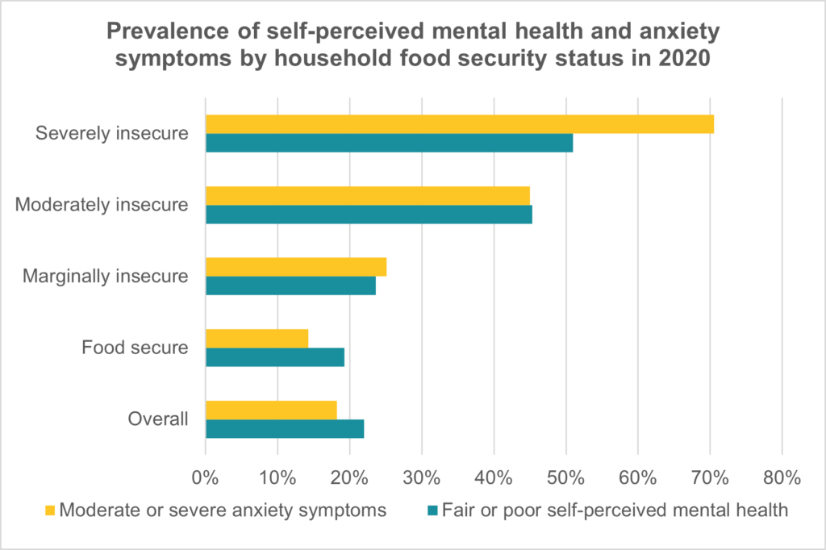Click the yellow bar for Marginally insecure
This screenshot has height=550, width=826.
point(296,267)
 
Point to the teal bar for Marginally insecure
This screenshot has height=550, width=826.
point(290,285)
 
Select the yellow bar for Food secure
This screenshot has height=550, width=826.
point(257,339)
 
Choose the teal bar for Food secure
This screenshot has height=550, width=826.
point(275,357)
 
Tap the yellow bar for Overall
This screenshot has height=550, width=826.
point(271,410)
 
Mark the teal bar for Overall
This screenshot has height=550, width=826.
point(285,428)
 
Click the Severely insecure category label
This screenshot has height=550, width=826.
point(111,133)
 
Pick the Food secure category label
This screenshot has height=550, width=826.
point(135,348)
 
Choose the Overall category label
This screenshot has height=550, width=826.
point(158,419)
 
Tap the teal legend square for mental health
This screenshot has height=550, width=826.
point(432,510)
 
